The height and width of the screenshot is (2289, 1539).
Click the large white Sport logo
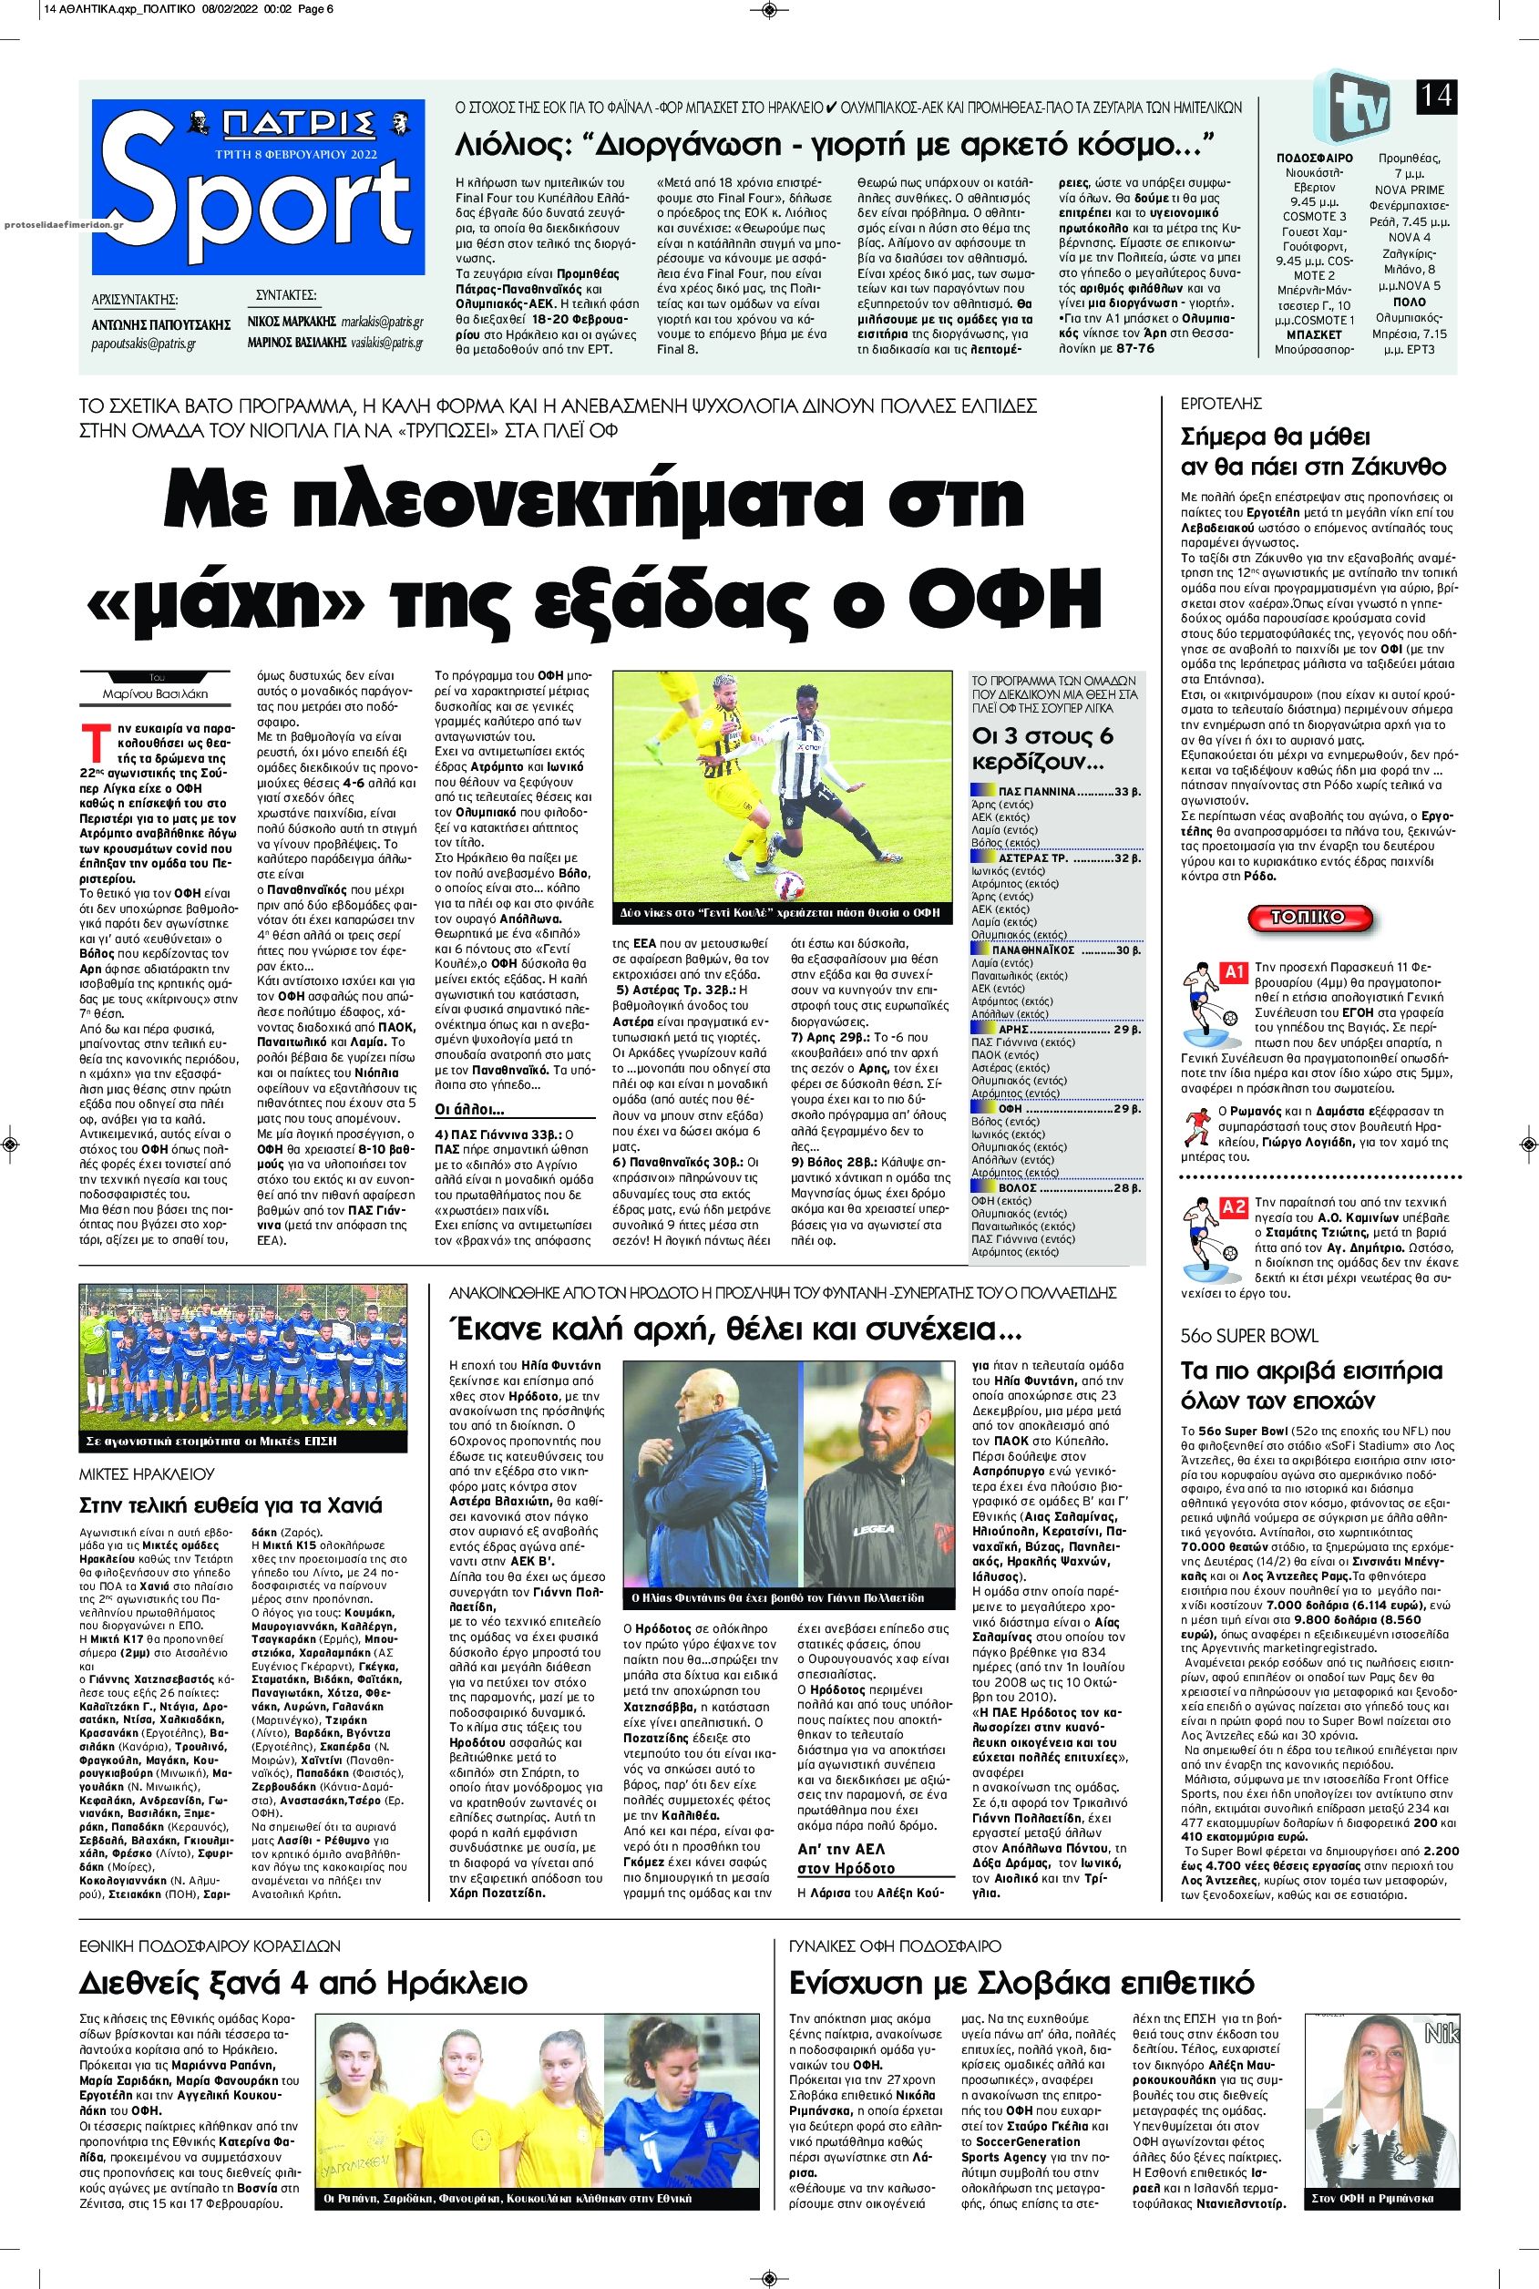[258, 196]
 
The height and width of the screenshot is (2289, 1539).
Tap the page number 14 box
[1435, 97]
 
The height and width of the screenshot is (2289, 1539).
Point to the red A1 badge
[1232, 972]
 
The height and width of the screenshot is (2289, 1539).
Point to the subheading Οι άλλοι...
[470, 1109]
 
